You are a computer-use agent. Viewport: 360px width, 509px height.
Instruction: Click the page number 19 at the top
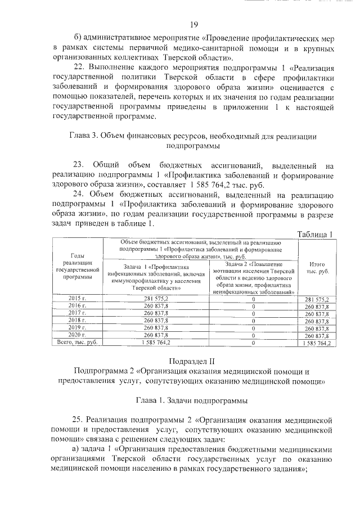coord(193,24)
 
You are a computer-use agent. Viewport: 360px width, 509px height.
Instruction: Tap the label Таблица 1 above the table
coord(315,234)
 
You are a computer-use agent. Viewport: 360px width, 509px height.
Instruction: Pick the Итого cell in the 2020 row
coord(317,335)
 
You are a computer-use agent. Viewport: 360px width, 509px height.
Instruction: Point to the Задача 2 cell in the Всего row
coord(254,343)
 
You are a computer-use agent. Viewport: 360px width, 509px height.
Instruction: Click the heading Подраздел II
coord(193,360)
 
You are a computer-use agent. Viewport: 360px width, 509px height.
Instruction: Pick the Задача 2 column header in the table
coord(254,278)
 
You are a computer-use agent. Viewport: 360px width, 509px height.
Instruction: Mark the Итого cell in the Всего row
coord(317,343)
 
